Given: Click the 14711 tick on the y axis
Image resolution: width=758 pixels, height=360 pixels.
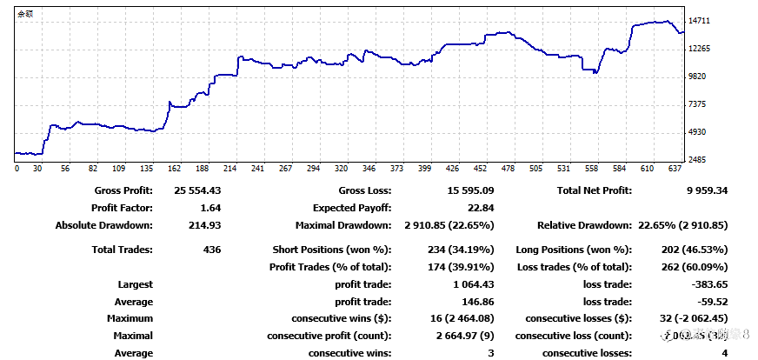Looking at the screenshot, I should point(700,21).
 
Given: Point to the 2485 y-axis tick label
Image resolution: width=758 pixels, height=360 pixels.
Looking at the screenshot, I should point(697,160).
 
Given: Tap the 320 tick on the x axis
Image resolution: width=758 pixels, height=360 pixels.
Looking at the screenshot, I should point(341,169).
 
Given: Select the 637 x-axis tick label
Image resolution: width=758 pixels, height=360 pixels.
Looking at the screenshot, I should point(675,169).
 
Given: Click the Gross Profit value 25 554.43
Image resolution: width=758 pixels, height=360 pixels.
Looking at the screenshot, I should point(197,190).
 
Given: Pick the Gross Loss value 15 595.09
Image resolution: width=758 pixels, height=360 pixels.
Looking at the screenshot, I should point(469,190).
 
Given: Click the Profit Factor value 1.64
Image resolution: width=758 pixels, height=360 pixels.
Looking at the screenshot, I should point(209,208).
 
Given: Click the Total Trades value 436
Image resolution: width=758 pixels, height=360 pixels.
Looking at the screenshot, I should point(210,250).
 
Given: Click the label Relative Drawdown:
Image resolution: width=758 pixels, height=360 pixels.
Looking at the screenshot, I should point(584,225).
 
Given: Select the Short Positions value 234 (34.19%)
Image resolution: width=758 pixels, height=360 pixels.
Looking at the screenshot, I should point(449,250).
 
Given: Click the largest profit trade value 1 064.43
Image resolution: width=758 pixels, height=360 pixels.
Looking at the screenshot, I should point(470,284).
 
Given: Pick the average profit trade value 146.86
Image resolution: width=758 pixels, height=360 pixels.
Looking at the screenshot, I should point(478,302).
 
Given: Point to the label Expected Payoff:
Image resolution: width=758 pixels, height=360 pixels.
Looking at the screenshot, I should point(352,208).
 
